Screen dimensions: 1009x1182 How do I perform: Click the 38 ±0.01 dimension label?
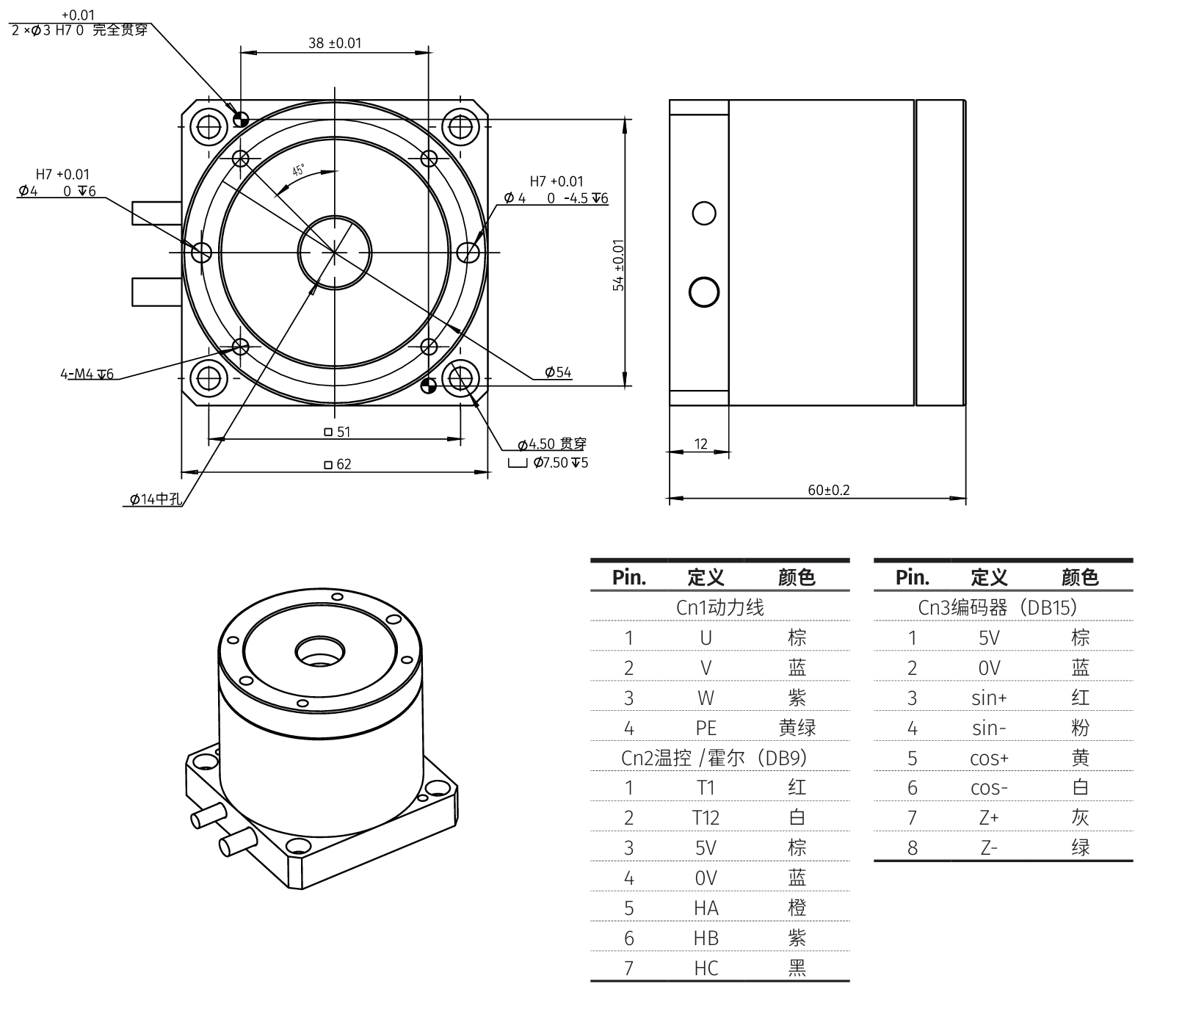[335, 43]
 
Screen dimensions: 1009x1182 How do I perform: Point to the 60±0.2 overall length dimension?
[828, 490]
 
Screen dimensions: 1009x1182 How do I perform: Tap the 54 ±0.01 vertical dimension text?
[619, 265]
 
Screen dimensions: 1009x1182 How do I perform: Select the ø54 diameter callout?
[558, 372]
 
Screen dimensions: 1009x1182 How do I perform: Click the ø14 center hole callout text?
[155, 499]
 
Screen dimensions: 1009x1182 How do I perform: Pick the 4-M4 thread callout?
[87, 374]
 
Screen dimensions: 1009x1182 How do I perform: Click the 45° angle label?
[299, 170]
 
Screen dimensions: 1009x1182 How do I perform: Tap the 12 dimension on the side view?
[700, 444]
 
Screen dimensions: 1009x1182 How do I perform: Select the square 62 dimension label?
[338, 464]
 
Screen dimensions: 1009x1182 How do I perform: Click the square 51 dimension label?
[338, 432]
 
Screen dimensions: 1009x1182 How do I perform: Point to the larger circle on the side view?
[704, 292]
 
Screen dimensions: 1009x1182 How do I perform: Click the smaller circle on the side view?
[704, 214]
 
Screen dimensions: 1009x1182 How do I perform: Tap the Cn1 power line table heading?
[719, 607]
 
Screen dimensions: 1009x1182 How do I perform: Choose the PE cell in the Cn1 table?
[706, 728]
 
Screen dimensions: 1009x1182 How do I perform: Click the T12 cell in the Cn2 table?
[706, 817]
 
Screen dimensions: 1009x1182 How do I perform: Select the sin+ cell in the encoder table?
[989, 698]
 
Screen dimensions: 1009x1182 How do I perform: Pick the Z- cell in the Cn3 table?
[989, 848]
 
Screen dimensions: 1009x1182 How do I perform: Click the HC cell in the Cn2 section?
[706, 968]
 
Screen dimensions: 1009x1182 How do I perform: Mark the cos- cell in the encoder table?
[989, 788]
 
